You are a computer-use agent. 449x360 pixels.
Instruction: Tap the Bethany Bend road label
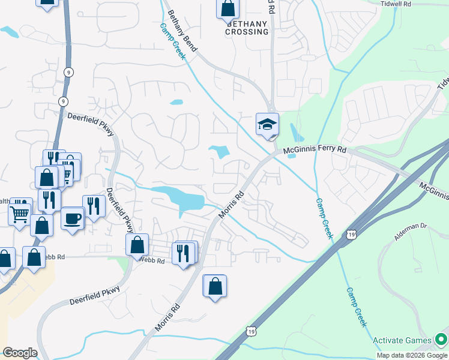pos(183,30)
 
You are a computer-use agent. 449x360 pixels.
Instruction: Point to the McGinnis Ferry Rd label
pos(315,149)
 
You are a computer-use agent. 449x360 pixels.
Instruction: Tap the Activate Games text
pos(402,341)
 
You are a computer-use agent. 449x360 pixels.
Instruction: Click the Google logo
pos(20,353)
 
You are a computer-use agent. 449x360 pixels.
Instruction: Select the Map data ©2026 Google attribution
pos(412,355)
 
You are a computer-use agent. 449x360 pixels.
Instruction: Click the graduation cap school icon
pos(267,124)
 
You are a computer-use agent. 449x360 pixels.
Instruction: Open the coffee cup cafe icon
pos(72,218)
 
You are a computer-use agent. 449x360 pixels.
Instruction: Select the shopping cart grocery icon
pos(19,213)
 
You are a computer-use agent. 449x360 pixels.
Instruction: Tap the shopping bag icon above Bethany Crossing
pos(228,8)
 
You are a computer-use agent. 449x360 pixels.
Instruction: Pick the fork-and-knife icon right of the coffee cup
pos(94,206)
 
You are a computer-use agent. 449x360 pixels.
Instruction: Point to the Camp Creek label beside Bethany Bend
pos(173,41)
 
